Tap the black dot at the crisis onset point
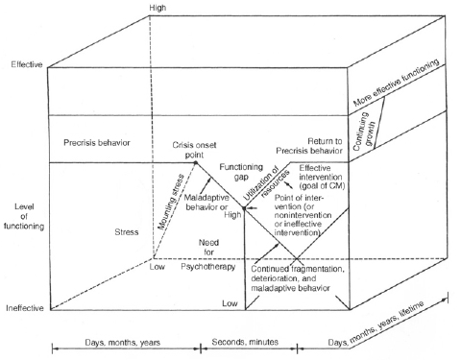[x=197, y=162]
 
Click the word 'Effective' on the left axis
[x=26, y=65]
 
